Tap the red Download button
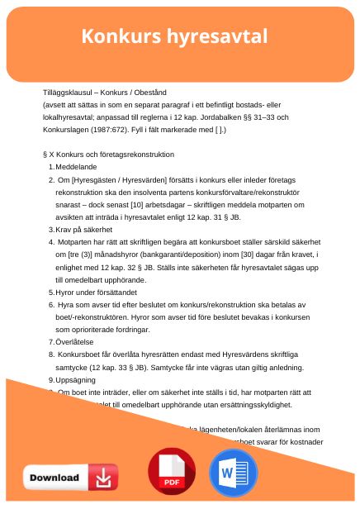69,477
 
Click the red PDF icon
171,473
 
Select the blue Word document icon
234,473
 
